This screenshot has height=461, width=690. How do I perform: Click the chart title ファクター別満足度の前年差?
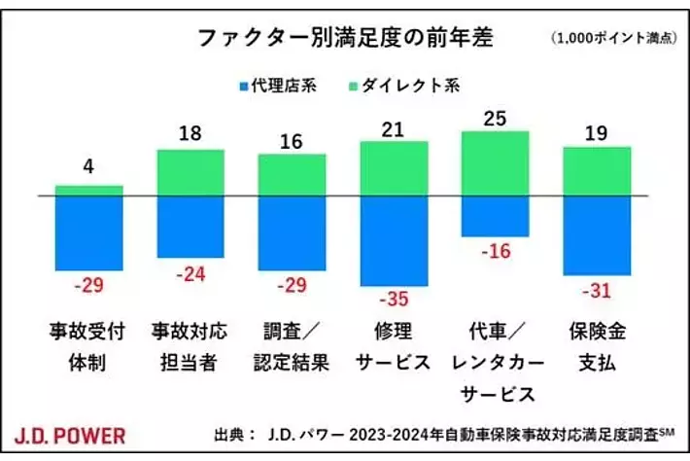coord(344,38)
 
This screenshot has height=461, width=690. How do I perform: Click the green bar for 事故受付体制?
coord(89,191)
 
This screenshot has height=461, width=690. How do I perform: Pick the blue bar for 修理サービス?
coord(394,240)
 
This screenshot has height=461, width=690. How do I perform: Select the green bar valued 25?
coord(495,163)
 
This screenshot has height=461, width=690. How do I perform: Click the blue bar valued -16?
coord(495,216)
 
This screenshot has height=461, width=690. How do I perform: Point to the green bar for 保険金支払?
coord(597,171)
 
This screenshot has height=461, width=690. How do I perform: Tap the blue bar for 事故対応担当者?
coord(190,227)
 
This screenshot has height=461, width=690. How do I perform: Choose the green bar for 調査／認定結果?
coord(293,175)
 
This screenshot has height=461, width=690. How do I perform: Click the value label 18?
coord(190,133)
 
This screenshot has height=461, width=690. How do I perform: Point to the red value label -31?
coord(597,291)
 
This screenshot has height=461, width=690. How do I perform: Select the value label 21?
coord(394,127)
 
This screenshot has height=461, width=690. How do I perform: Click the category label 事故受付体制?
coord(89,346)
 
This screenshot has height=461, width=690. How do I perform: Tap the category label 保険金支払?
coord(597,346)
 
